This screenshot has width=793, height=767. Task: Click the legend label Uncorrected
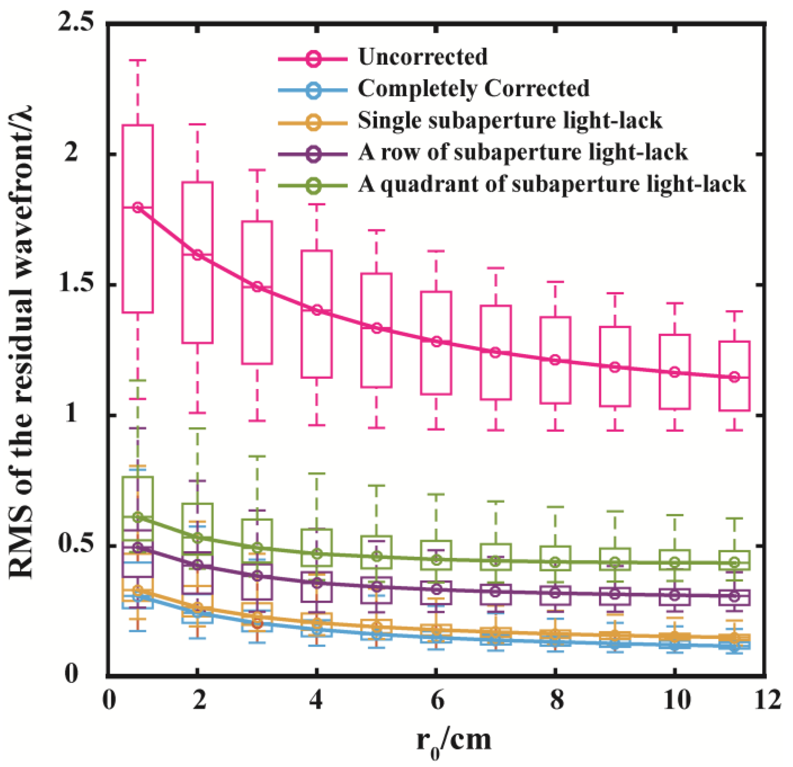[x=422, y=57]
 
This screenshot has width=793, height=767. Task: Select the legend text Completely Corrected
[x=473, y=89]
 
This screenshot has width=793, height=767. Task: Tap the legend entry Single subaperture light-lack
[x=510, y=120]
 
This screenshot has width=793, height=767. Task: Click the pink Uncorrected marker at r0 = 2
[x=197, y=255]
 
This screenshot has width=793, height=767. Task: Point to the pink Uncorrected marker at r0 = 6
[x=437, y=341]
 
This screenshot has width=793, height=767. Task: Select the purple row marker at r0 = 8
[x=556, y=593]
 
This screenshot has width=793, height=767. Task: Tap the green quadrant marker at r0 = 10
[x=674, y=562]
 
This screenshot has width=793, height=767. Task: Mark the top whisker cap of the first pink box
[x=138, y=60]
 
